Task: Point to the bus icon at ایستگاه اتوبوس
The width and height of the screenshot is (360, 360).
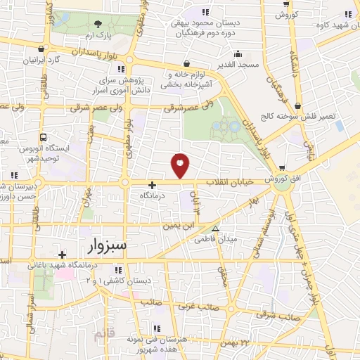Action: pos(44,138)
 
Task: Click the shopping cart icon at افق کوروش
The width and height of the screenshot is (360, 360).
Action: pos(282,167)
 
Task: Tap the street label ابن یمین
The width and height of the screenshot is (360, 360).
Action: pos(179,226)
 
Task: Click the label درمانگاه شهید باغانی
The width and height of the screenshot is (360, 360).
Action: pos(69,265)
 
